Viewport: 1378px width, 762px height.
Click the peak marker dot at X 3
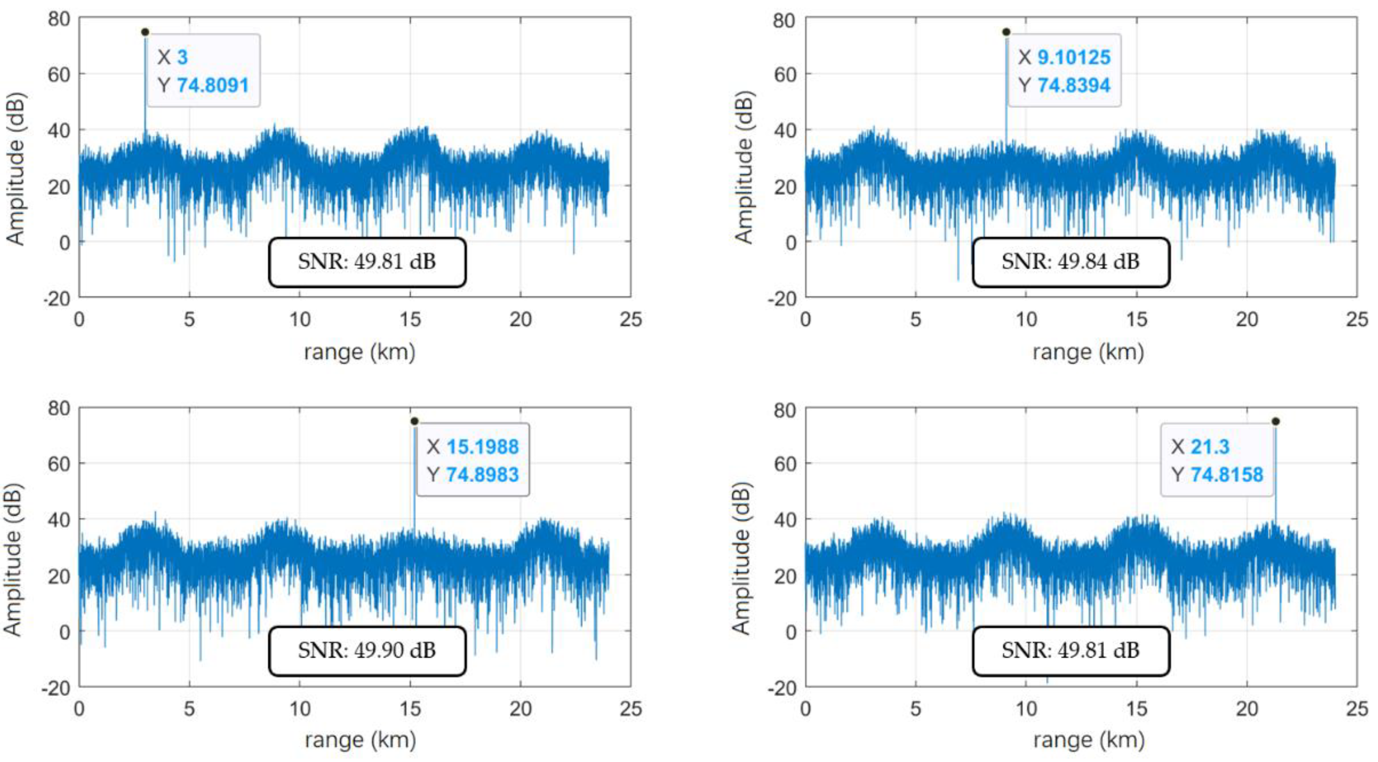point(145,32)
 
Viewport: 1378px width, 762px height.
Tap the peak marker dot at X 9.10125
point(1006,32)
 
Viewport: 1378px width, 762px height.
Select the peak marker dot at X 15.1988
point(415,421)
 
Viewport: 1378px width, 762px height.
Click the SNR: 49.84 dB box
point(1070,262)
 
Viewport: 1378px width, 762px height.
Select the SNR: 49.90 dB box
point(367,651)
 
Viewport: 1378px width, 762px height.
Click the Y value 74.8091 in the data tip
point(213,85)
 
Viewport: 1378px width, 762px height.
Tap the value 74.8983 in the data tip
point(483,475)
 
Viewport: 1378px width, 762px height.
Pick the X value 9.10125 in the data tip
point(1074,57)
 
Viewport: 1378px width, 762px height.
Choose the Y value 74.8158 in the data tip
point(1227,475)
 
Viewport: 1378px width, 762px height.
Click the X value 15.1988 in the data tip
point(483,447)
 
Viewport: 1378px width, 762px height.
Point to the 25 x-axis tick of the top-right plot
point(1357,319)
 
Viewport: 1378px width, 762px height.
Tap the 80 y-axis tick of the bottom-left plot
point(59,409)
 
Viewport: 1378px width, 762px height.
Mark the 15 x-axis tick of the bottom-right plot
point(1136,709)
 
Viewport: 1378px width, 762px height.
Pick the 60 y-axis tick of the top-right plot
point(785,75)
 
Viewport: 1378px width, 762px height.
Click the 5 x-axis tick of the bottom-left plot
point(189,709)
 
